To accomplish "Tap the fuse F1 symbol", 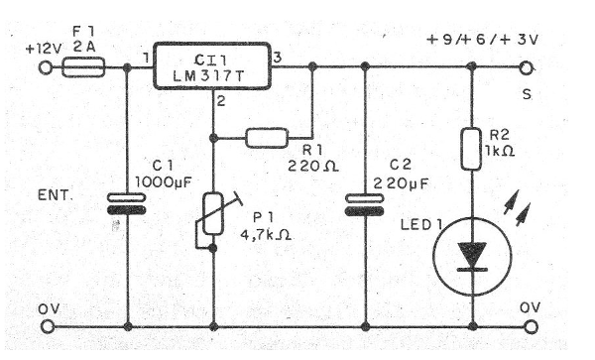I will coord(82,68).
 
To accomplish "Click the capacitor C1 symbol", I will coord(128,202).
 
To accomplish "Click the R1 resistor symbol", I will coord(267,138).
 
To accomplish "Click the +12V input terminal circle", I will coord(44,68).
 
